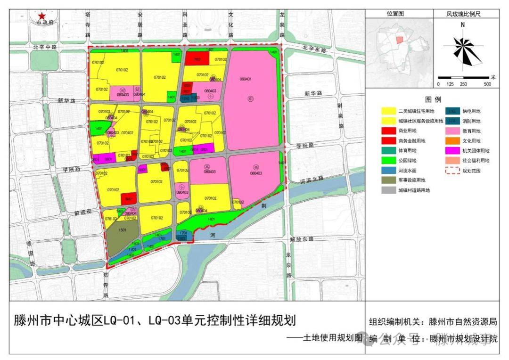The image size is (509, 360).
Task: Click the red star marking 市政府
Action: pyautogui.click(x=42, y=15)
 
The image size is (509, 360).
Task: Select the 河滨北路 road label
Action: pyautogui.click(x=312, y=180)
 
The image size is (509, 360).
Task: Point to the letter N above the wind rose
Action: pyautogui.click(x=463, y=25)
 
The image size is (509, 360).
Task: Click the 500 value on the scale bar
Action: pyautogui.click(x=487, y=84)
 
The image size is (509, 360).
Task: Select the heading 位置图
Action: pyautogui.click(x=396, y=14)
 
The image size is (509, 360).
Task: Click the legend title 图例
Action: pyautogui.click(x=433, y=100)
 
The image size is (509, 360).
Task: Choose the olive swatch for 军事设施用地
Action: pyautogui.click(x=388, y=180)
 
